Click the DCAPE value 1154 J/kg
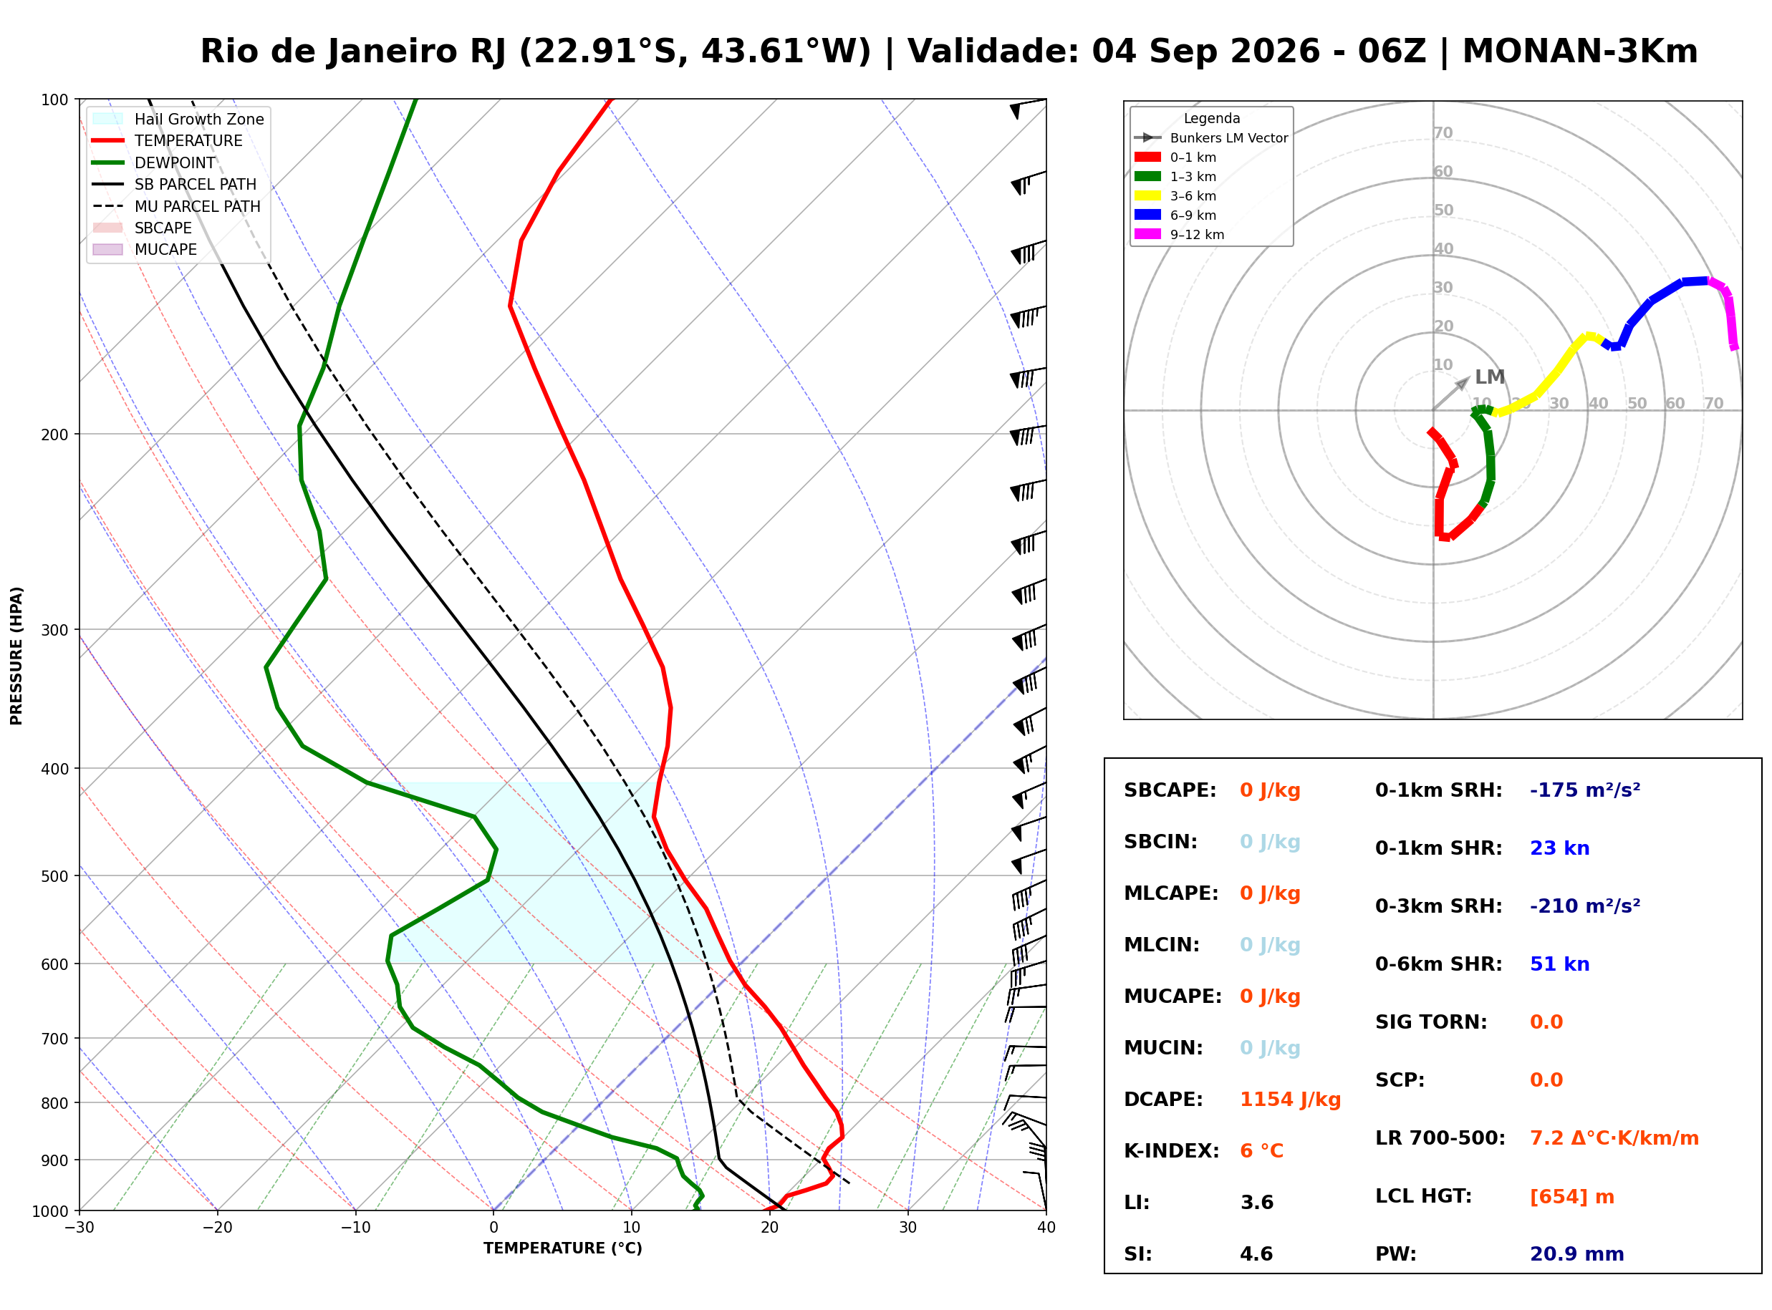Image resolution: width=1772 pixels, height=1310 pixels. [1290, 1100]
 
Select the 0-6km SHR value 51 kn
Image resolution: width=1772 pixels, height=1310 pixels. [1559, 964]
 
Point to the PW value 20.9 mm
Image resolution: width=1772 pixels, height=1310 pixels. [1577, 1254]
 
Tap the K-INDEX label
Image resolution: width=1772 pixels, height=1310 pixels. [1172, 1151]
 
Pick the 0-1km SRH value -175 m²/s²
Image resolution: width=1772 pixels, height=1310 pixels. [1585, 790]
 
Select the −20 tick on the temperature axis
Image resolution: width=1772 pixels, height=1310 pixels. [216, 1228]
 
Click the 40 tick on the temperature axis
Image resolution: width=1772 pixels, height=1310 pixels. [1046, 1228]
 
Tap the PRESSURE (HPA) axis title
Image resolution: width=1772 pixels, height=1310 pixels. [16, 656]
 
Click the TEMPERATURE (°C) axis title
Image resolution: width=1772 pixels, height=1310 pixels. [563, 1248]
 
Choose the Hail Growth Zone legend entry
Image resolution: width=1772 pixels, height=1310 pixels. [178, 119]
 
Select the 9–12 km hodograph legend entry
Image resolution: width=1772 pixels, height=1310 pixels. [1180, 235]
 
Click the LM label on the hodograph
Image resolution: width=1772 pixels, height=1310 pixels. [1490, 377]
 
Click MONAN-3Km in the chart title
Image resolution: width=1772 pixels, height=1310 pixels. [1580, 52]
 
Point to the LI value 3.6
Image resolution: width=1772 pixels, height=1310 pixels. [1256, 1203]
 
